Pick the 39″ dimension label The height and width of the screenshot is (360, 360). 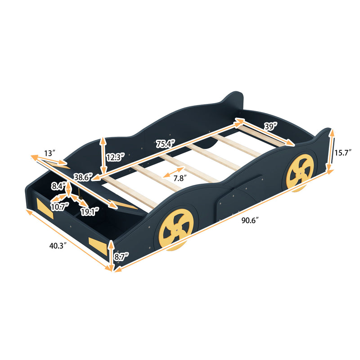[x=271, y=127]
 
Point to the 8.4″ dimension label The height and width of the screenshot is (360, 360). [x=58, y=185]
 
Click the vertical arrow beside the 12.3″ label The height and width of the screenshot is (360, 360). [x=103, y=155]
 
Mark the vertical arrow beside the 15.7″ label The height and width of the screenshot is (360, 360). [x=332, y=151]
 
